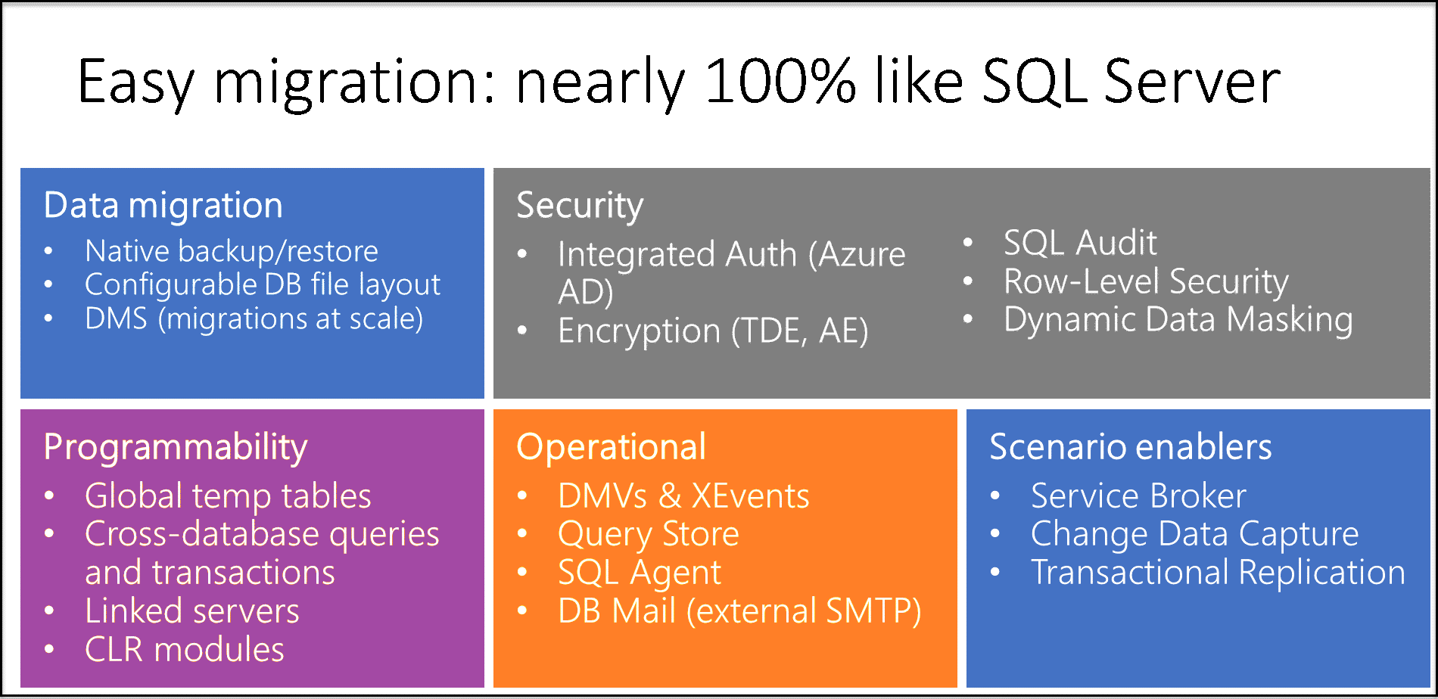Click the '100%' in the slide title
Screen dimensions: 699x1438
[780, 82]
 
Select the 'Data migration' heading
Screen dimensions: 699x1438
[163, 206]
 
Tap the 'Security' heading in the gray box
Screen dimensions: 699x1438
[580, 206]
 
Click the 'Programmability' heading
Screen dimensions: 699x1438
[176, 447]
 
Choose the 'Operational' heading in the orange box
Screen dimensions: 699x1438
[612, 447]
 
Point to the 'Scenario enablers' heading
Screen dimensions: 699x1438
[1130, 447]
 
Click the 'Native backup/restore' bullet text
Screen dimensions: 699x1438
[231, 251]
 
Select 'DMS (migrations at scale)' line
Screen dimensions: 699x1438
[254, 319]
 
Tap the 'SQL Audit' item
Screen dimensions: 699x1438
[1080, 244]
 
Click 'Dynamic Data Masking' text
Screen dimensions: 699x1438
[1178, 319]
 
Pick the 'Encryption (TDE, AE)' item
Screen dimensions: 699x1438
[713, 331]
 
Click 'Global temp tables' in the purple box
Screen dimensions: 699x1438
[228, 496]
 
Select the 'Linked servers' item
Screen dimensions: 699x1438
[192, 611]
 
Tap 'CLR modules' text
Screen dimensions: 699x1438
[185, 650]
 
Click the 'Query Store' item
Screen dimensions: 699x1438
[648, 535]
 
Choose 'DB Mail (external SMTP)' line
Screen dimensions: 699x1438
[739, 611]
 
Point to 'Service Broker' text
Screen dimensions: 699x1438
[1138, 496]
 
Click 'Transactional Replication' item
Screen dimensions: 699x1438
[1218, 573]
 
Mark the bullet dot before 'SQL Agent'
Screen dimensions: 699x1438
[522, 573]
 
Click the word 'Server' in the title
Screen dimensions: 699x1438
[1191, 82]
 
